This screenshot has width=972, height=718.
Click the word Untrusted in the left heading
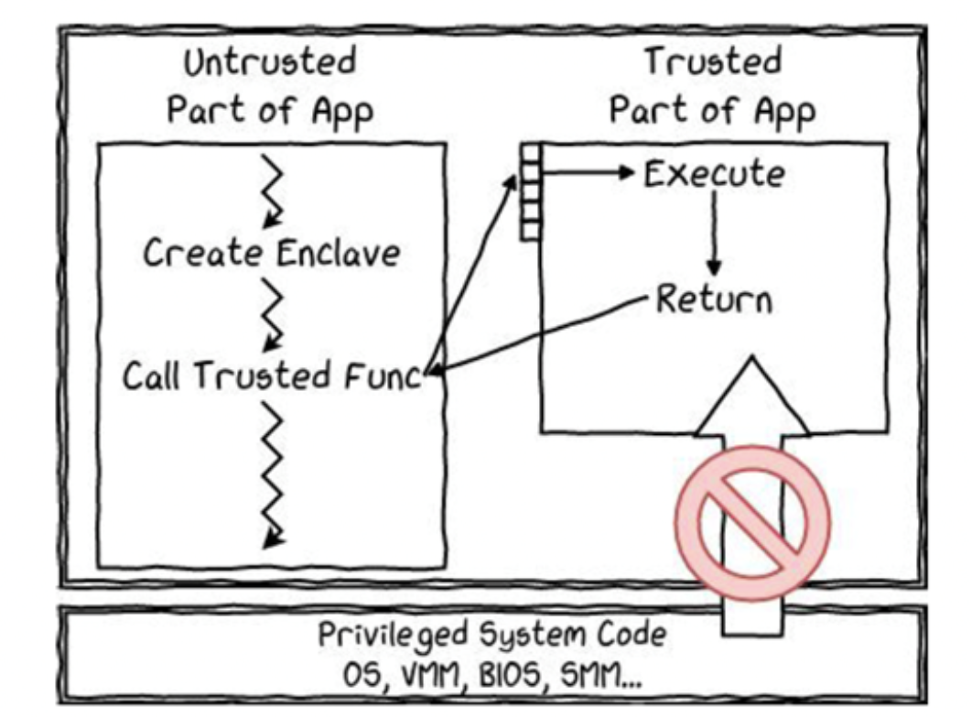270,64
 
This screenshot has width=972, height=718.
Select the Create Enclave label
271,253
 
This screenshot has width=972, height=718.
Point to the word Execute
714,174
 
